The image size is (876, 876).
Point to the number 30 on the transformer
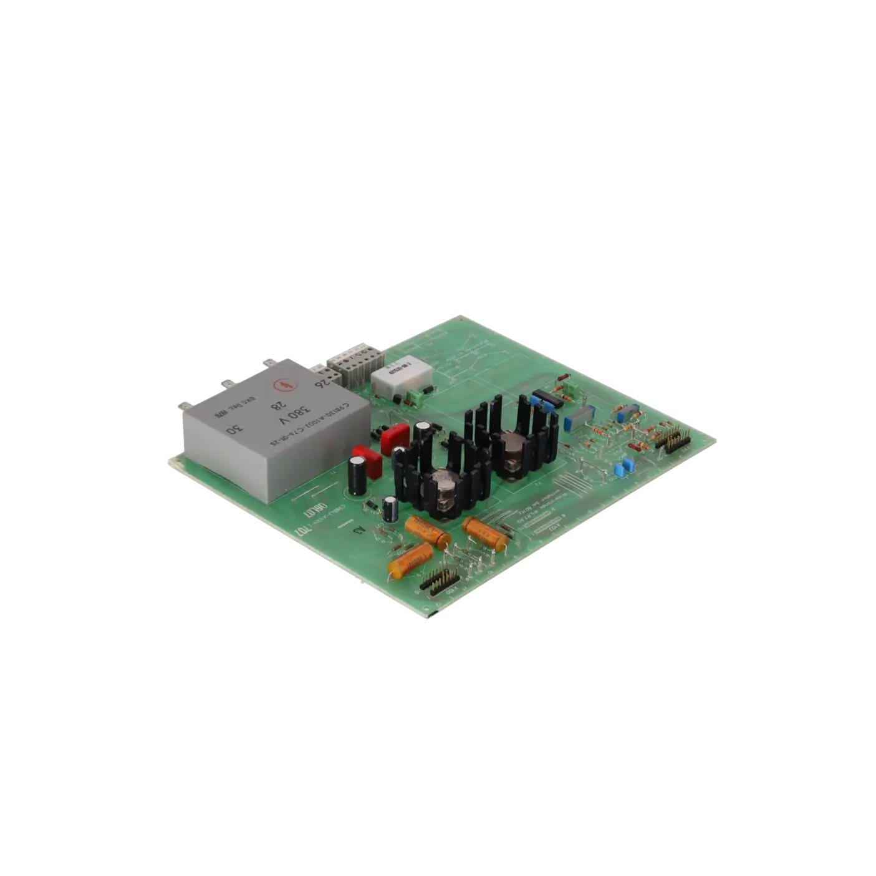(233, 430)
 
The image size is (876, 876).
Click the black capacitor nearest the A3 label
(390, 509)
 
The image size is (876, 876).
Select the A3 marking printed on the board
(359, 531)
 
